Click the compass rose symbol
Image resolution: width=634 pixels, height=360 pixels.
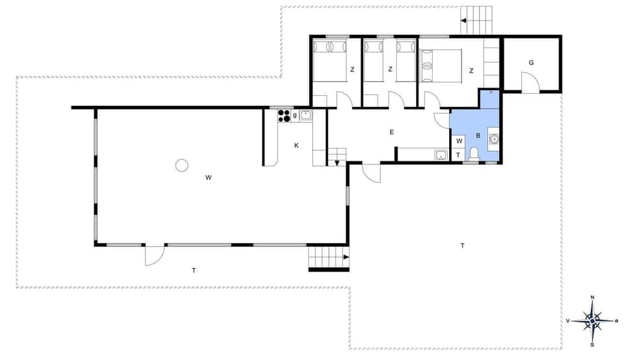592,321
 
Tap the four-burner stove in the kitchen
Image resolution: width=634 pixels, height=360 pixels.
284,116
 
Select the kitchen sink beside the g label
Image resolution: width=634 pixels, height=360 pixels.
305,116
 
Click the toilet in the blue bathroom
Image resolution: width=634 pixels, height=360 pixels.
473,155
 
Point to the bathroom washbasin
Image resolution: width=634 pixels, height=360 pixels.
493,139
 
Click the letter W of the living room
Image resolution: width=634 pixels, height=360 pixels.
208,177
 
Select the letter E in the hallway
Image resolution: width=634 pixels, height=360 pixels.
392,132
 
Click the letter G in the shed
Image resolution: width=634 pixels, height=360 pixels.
530,63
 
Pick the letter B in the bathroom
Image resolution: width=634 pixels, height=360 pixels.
477,135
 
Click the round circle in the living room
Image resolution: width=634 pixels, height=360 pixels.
182,165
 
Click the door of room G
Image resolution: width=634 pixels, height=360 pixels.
530,83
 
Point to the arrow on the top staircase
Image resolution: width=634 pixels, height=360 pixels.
464,21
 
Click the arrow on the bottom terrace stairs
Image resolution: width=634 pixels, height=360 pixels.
345,258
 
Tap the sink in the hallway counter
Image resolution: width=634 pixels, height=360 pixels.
440,155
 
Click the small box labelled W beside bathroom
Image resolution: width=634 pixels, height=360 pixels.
459,141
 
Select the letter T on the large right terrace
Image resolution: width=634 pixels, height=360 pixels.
462,246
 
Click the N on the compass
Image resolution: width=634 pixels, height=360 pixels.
592,298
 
